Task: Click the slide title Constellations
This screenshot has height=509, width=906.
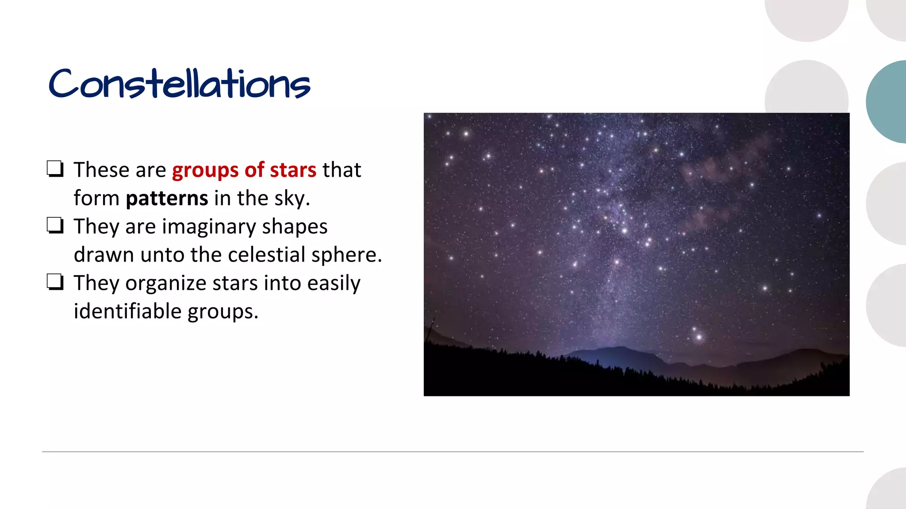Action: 179,84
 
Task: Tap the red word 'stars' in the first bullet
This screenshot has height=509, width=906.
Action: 293,170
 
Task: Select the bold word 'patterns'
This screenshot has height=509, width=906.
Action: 167,199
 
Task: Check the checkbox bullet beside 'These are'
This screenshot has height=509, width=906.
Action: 55,169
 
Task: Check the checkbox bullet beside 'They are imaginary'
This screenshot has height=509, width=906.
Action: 55,226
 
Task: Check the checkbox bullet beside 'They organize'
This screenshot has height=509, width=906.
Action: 55,282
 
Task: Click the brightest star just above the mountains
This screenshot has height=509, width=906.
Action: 699,338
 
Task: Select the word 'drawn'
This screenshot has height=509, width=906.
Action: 104,255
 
